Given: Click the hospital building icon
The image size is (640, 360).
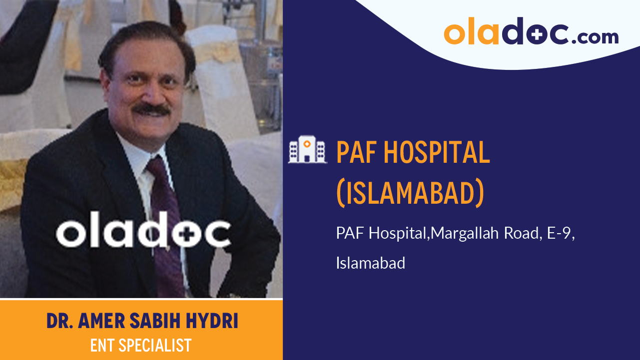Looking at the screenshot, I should click(x=307, y=150).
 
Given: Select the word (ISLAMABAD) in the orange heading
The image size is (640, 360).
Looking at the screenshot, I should click(x=410, y=193).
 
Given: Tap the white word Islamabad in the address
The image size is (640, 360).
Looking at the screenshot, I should click(x=370, y=263).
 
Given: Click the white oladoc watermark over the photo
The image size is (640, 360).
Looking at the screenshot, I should click(x=143, y=233).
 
